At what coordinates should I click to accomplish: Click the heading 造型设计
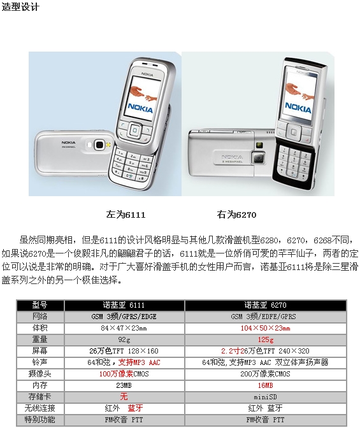click(x=20, y=6)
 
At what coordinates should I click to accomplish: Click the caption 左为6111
click(x=126, y=215)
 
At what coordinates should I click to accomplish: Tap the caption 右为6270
click(x=236, y=215)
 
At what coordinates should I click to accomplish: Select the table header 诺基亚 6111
click(x=124, y=305)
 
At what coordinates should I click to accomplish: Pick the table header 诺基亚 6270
click(x=265, y=305)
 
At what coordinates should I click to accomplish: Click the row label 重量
click(x=40, y=339)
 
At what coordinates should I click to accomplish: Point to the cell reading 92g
click(x=124, y=340)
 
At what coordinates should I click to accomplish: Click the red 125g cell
click(x=266, y=340)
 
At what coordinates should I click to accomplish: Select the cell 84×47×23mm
click(x=124, y=328)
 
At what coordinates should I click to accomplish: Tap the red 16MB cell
click(x=266, y=385)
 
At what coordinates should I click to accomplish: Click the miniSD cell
click(x=265, y=397)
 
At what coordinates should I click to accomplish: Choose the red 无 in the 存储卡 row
click(x=124, y=397)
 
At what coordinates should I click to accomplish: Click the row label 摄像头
click(x=40, y=374)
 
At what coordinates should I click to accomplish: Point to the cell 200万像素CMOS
click(x=265, y=374)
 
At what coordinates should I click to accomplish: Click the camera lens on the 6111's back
click(x=99, y=145)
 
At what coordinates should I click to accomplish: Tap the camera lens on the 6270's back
click(x=259, y=158)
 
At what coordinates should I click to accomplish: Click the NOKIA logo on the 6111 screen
click(x=140, y=108)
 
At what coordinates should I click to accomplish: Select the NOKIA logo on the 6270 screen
click(x=298, y=107)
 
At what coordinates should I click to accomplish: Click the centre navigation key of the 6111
click(x=135, y=130)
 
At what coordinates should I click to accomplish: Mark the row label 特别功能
click(x=40, y=420)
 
